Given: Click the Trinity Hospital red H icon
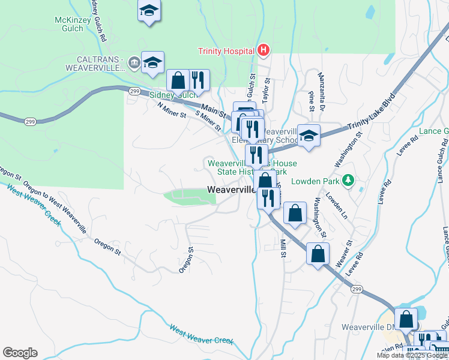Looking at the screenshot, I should click(x=264, y=51).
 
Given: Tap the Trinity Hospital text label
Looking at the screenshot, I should click(x=227, y=51).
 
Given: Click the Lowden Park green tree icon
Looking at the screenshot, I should click(x=348, y=181).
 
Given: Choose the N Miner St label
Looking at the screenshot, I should click(x=172, y=110).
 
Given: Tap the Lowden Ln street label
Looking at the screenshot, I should click(x=336, y=204).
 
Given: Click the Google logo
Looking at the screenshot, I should click(x=20, y=353).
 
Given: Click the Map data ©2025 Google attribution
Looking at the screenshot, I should click(x=412, y=355).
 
